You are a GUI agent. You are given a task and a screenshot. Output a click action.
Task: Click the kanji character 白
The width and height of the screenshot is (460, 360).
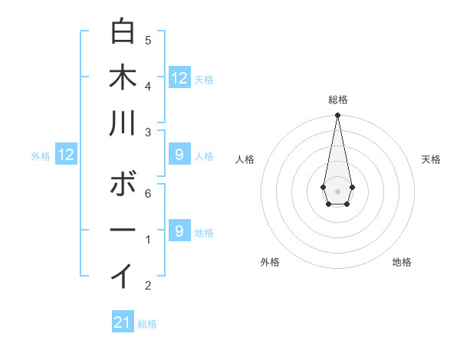[123, 32]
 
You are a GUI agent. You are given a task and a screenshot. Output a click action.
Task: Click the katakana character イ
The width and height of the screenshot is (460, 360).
[123, 275]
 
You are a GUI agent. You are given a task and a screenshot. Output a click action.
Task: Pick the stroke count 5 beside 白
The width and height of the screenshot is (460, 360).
[148, 40]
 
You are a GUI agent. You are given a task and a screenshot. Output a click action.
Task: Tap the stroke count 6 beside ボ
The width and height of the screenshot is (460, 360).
[148, 194]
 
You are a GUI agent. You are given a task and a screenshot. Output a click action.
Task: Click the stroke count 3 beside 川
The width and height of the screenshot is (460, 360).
[148, 133]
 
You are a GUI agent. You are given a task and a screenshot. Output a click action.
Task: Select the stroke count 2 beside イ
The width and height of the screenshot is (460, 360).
[148, 286]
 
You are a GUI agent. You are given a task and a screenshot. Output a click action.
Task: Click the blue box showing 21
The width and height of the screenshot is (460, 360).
[123, 322]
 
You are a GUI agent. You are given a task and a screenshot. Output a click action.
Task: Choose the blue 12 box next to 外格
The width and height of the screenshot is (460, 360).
[66, 155]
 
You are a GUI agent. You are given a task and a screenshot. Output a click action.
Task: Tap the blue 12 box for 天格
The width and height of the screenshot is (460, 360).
[179, 77]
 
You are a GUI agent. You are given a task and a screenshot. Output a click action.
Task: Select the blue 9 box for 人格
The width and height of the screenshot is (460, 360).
[179, 155]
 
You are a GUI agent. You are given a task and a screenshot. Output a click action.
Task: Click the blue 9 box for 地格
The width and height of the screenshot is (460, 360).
[179, 231]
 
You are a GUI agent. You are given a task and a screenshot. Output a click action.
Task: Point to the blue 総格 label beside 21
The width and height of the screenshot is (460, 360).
[147, 324]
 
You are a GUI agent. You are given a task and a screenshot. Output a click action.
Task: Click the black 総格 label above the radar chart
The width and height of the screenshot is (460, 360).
[337, 100]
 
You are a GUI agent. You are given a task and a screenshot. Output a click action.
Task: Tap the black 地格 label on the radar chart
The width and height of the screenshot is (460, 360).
[402, 262]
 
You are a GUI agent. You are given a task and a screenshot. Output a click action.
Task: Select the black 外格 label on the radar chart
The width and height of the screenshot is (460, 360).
[270, 262]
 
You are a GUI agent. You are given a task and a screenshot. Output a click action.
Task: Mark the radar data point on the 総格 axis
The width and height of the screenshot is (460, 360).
[337, 116]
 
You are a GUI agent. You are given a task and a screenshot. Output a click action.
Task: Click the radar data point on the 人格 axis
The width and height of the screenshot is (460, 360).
[323, 187]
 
